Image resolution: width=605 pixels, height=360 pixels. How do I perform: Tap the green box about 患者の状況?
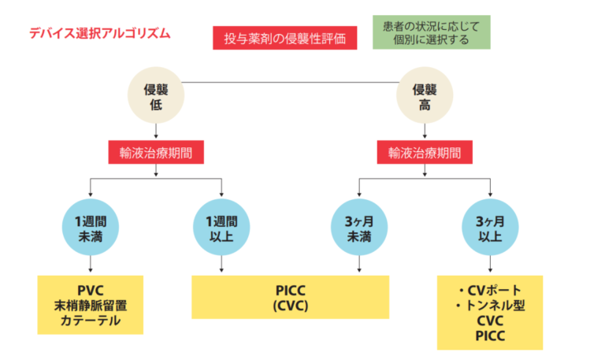431,32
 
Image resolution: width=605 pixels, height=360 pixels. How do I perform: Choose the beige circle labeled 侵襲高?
425,98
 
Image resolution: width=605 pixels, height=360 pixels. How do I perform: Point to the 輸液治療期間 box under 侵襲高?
425,152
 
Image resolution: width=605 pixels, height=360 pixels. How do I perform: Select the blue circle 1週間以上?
221,228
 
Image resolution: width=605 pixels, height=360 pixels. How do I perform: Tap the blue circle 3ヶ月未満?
359,228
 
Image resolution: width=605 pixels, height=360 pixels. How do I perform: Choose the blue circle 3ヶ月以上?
490,228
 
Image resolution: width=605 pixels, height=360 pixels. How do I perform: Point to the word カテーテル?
91,321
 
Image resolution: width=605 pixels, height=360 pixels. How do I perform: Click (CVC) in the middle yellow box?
290,306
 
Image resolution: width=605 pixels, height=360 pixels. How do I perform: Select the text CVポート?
490,291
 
